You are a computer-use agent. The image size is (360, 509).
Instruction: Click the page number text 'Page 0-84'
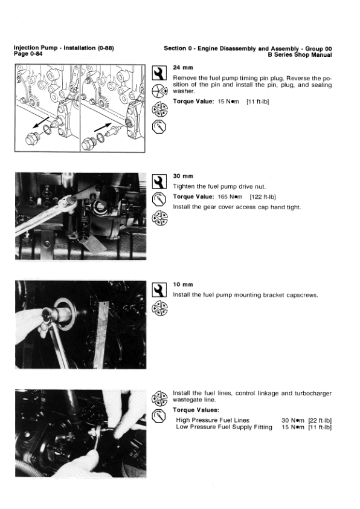[x=28, y=54]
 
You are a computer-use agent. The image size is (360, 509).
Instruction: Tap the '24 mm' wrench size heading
[x=183, y=68]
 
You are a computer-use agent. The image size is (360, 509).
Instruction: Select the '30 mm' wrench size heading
[x=183, y=176]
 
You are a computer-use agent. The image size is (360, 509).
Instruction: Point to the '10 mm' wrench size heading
[x=183, y=284]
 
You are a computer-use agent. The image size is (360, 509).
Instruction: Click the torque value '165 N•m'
[x=230, y=196]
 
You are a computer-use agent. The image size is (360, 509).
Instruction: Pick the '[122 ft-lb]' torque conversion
[x=263, y=196]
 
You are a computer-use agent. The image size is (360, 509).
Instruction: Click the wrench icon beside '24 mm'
[x=159, y=73]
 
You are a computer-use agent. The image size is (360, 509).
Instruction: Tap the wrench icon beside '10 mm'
[x=159, y=290]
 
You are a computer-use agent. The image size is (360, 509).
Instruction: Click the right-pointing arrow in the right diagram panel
[x=103, y=127]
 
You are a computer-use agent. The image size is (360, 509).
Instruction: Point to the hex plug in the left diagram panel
[x=33, y=139]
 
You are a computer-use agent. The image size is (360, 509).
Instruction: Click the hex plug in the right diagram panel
[x=88, y=143]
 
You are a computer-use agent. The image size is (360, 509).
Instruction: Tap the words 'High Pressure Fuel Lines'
[x=213, y=420]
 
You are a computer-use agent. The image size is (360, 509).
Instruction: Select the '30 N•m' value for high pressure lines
[x=293, y=420]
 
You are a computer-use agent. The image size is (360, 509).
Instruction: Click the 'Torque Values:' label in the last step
[x=196, y=410]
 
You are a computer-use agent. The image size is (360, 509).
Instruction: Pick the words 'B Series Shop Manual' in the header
[x=300, y=55]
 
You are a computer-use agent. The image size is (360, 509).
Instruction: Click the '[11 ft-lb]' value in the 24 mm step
[x=258, y=102]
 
